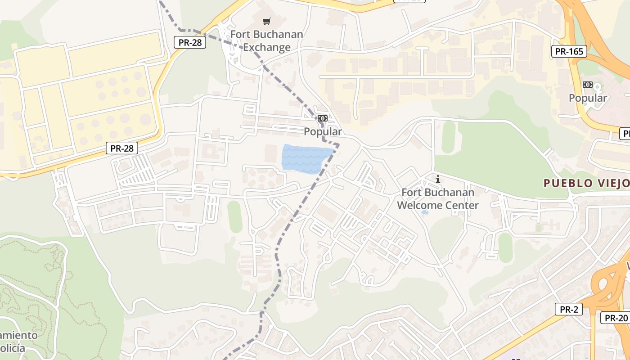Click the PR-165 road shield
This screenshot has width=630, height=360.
tap(569, 51)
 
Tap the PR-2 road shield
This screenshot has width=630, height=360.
tap(569, 309)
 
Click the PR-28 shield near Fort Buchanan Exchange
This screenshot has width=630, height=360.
tap(190, 43)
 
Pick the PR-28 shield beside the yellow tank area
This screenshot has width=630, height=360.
tap(122, 148)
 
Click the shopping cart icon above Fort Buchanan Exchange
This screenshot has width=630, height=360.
tap(267, 21)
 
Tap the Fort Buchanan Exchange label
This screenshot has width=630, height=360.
tap(267, 41)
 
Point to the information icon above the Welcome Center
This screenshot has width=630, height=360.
tap(438, 180)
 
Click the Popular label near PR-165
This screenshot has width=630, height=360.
tap(588, 98)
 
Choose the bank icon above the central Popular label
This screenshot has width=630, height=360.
tap(322, 118)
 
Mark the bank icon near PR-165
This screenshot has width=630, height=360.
tap(587, 85)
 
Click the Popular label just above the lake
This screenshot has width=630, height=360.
tap(323, 132)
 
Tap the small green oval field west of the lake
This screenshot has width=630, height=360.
tap(234, 216)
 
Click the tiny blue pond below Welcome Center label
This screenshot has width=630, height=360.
tap(424, 212)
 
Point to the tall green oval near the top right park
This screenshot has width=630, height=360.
tap(448, 137)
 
